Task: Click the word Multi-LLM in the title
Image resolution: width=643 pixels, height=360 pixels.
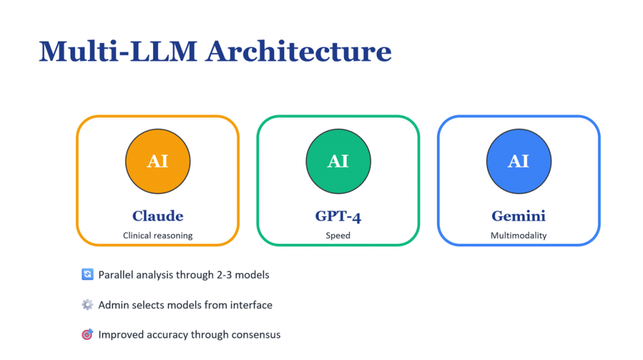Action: [x=117, y=52]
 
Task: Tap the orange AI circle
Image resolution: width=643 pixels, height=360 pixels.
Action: [x=158, y=161]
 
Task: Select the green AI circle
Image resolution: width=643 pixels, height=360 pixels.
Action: [x=338, y=161]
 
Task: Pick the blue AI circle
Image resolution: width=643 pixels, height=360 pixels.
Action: [x=518, y=161]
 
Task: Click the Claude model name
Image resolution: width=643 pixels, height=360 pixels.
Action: [x=158, y=216]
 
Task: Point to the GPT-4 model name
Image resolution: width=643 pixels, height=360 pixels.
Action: [x=338, y=216]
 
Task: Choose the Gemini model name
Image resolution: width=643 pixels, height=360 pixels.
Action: [x=518, y=216]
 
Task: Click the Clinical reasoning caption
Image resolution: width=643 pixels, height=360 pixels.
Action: [x=158, y=236]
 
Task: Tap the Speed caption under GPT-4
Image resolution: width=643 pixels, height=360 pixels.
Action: [x=338, y=236]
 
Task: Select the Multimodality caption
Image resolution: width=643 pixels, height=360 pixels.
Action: [x=518, y=236]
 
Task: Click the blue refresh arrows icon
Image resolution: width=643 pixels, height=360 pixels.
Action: [x=87, y=275]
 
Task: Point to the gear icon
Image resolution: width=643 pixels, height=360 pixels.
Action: [x=87, y=305]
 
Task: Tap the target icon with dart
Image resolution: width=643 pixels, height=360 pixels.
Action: [x=87, y=334]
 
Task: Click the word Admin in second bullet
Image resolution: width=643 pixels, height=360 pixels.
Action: [x=113, y=305]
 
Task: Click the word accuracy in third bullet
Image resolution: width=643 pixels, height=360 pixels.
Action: [x=164, y=335]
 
